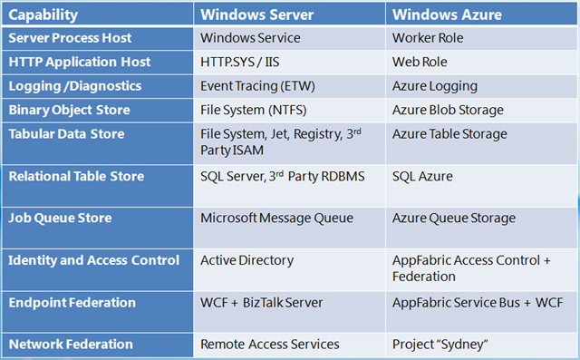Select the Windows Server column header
pos(257,15)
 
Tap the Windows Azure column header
pos(446,15)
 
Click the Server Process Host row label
pos(70,39)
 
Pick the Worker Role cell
pos(428,39)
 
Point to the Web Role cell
pos(420,63)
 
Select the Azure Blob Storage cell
pos(448,110)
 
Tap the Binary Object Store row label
pos(69,110)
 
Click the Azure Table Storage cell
pos(449,133)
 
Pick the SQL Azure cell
pos(422,176)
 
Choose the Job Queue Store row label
pos(61,218)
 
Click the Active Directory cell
pos(246,260)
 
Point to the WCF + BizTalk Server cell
pos(260,302)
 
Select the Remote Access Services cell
pos(268,345)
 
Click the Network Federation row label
pos(71,345)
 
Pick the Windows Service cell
pos(250,39)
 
